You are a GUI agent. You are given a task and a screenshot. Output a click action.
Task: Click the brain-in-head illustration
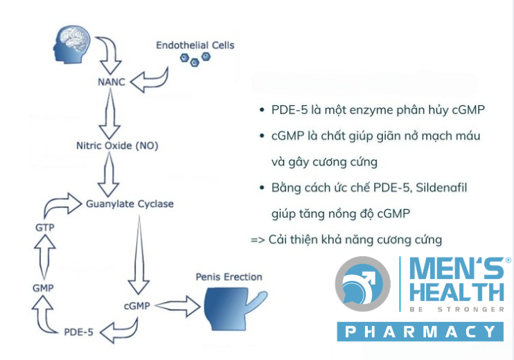pyautogui.click(x=72, y=44)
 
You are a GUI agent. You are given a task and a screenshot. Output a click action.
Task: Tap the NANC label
pyautogui.click(x=112, y=82)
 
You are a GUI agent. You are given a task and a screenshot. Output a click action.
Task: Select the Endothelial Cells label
pyautogui.click(x=195, y=45)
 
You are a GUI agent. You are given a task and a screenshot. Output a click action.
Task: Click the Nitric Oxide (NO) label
pyautogui.click(x=117, y=145)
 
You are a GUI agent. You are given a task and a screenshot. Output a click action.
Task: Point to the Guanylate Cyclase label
pyautogui.click(x=130, y=204)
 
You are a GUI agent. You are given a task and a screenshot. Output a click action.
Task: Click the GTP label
pyautogui.click(x=45, y=227)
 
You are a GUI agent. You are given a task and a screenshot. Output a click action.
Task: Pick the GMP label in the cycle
pyautogui.click(x=43, y=288)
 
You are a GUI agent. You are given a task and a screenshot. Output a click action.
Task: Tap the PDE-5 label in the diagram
pyautogui.click(x=79, y=332)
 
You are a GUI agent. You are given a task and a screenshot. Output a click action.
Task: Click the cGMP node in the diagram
pyautogui.click(x=137, y=306)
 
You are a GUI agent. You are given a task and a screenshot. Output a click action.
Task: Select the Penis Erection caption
pyautogui.click(x=229, y=277)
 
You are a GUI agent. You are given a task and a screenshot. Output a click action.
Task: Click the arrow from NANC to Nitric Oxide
pyautogui.click(x=110, y=114)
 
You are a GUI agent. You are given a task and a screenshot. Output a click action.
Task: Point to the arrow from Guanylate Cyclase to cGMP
pyautogui.click(x=139, y=255)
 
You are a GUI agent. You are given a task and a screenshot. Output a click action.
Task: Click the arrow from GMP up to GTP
pyautogui.click(x=44, y=257)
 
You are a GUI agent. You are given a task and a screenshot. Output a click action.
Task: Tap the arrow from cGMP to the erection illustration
pyautogui.click(x=177, y=306)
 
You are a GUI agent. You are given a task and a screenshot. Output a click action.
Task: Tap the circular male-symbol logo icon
pyautogui.click(x=362, y=284)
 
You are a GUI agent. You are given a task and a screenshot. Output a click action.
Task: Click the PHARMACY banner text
pyautogui.click(x=420, y=332)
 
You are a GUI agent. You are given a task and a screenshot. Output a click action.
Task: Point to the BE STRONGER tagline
pyautogui.click(x=457, y=309)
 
